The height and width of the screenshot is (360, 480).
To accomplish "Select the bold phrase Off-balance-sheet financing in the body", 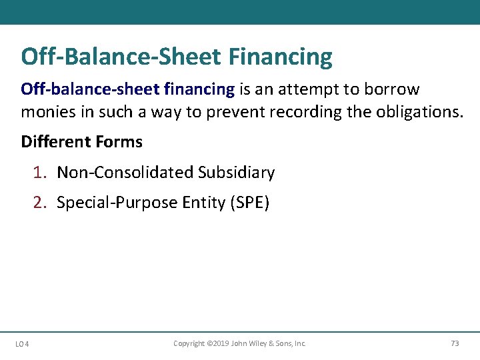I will (127, 89).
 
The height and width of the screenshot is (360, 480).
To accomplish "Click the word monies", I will (49, 111).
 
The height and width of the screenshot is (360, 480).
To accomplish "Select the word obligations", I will (421, 111).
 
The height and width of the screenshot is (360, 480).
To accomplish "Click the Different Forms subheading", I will (81, 142).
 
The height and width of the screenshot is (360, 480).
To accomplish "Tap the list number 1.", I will (39, 173).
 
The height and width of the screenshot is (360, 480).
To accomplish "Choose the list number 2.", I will (39, 203).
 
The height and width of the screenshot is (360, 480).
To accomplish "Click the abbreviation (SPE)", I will (249, 203).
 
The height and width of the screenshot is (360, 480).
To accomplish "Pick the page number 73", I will (455, 343).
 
